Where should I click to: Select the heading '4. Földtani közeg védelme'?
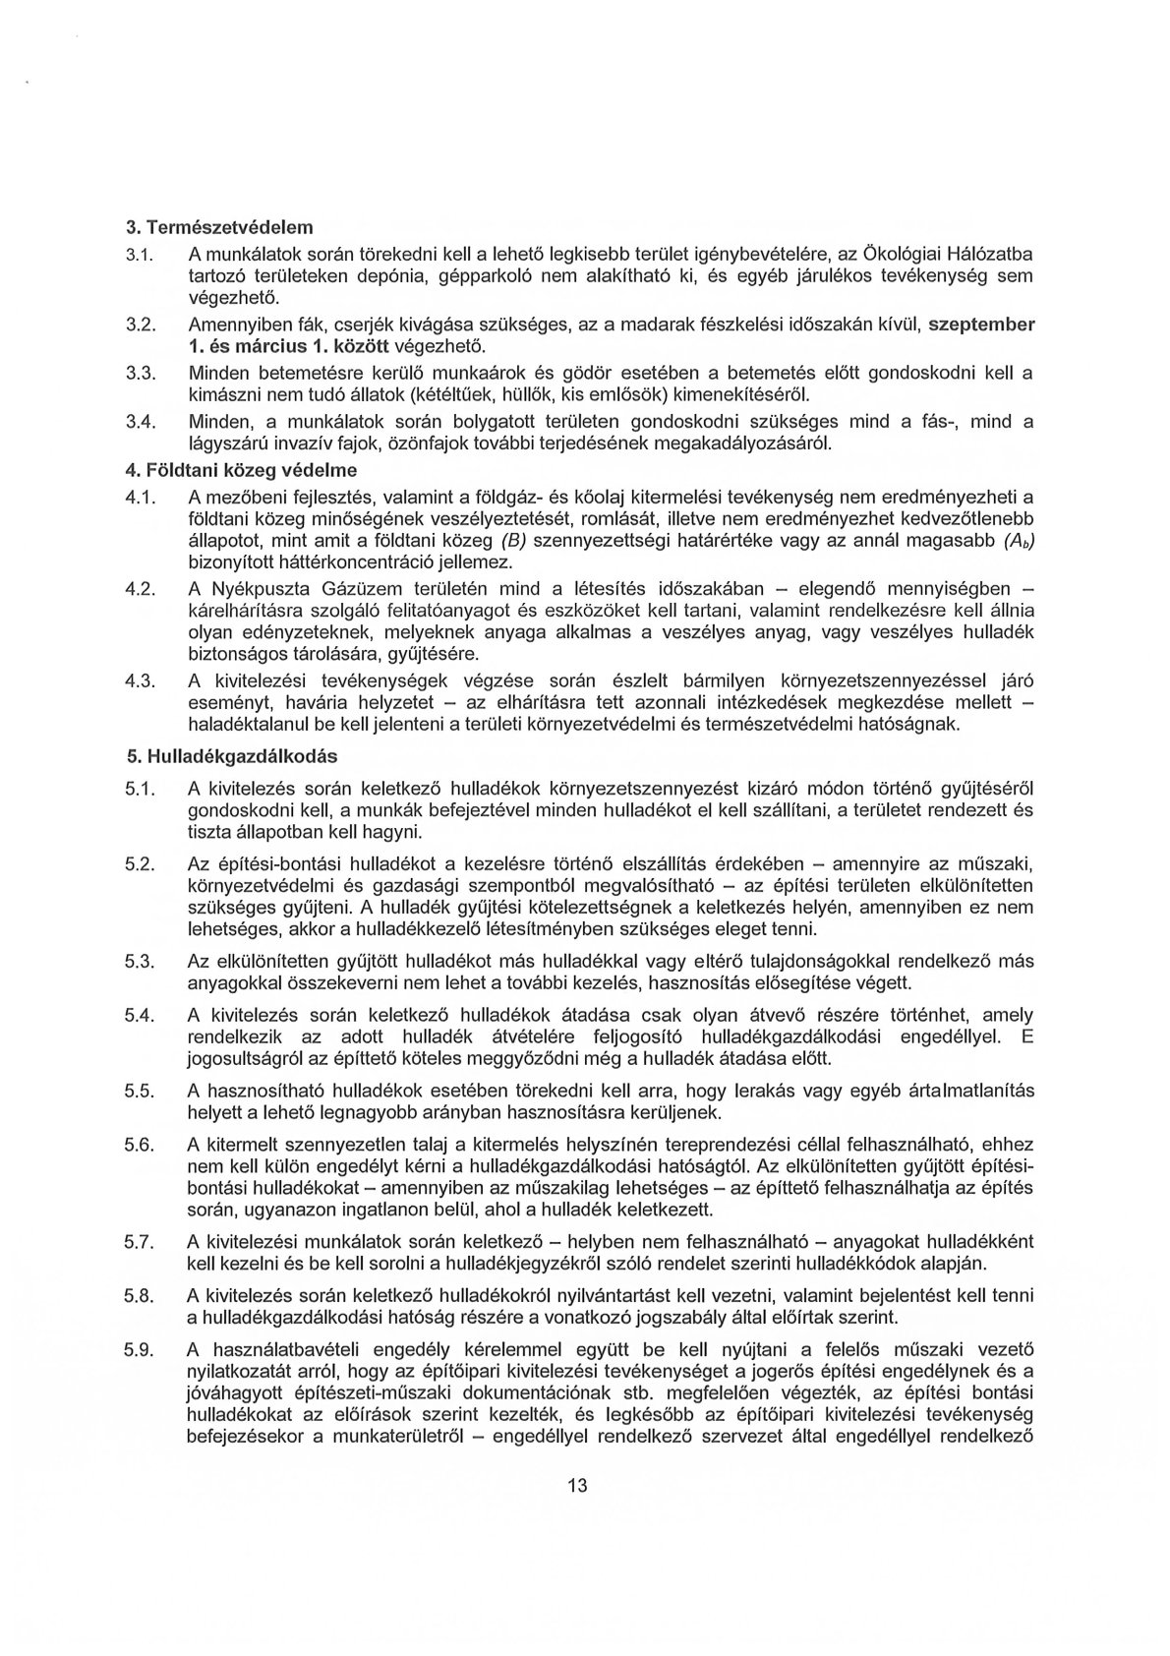[241, 468]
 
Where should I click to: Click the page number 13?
[577, 1512]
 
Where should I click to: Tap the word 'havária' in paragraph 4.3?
[301, 703]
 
